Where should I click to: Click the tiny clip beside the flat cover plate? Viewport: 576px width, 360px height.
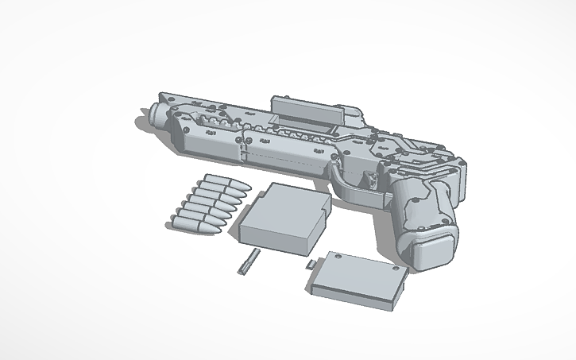[308, 262]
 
